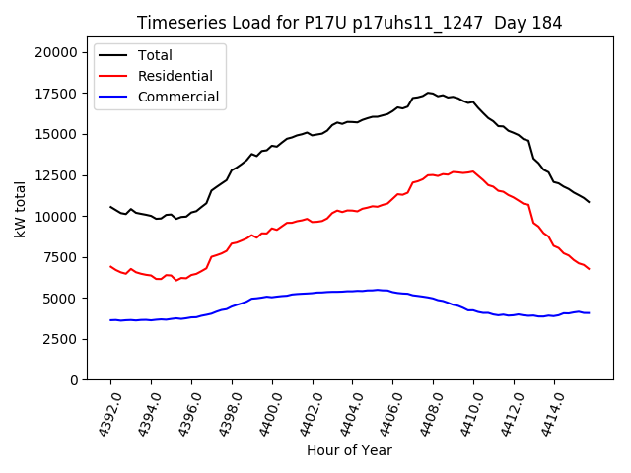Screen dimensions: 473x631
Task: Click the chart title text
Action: pos(349,23)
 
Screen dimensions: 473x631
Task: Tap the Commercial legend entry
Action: pos(178,97)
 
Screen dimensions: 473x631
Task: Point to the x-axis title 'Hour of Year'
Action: pos(349,450)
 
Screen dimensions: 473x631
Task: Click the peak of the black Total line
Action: pos(428,93)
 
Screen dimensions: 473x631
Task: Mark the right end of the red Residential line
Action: pos(589,269)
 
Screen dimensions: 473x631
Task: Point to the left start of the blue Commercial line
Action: pos(110,320)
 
